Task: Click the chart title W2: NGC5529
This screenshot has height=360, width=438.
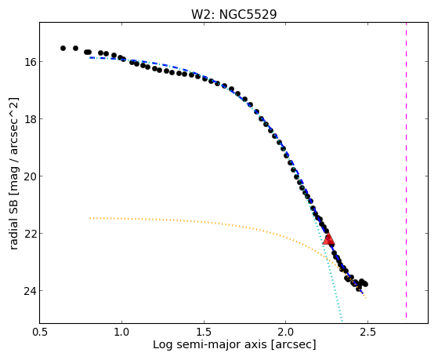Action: coord(233,14)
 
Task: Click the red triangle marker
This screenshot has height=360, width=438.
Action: coord(328,239)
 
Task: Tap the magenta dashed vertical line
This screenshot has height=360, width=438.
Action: coord(406,170)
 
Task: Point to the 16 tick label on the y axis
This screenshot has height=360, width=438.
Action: coord(30,61)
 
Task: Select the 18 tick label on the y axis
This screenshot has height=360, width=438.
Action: coord(30,118)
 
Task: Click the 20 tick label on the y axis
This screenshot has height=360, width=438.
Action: coord(30,176)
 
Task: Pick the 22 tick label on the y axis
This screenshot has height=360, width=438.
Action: coord(30,233)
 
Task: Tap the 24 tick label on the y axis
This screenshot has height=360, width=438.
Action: coord(30,291)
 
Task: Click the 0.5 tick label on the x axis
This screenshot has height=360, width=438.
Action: coord(40,332)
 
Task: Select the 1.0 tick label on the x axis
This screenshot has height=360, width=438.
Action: coord(121,332)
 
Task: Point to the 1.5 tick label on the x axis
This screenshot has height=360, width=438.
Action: coord(204,332)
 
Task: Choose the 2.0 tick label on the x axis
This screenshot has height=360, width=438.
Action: coord(286,332)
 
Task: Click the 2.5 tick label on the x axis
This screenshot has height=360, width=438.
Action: coord(367,332)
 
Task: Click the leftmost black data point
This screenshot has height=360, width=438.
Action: coord(63,48)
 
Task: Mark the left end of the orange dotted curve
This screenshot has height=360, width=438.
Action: coord(90,218)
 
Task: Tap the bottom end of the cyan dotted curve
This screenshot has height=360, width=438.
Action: coord(342,321)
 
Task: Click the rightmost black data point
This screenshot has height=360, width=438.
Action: coord(365,284)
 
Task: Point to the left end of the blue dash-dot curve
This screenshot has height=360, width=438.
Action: coord(90,57)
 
